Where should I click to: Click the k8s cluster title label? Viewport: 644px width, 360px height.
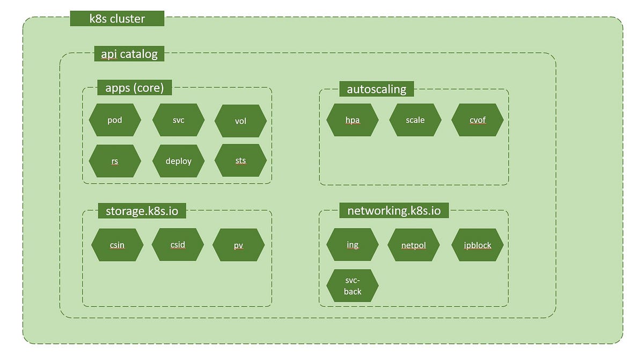tap(116, 19)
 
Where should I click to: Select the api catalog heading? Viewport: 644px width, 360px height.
tap(129, 54)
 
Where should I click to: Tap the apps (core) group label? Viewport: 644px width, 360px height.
tap(135, 87)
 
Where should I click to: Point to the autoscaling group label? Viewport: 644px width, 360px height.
tap(376, 89)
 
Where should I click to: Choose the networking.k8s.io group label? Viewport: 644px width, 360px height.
tap(394, 210)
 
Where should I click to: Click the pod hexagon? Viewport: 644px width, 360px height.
tap(115, 120)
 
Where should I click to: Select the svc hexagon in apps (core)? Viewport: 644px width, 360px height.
tap(178, 120)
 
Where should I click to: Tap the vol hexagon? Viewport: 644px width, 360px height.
tap(240, 121)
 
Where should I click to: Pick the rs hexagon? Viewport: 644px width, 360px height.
tap(115, 161)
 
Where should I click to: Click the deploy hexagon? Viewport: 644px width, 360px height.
tap(178, 161)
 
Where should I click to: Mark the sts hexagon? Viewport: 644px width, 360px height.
tap(240, 160)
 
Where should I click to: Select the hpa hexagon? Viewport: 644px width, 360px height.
tap(352, 120)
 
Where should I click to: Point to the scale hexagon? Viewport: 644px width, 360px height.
tap(415, 120)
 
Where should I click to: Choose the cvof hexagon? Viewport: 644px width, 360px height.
tap(477, 120)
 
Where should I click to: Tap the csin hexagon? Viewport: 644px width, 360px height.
tap(117, 245)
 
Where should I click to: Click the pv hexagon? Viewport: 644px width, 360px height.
tap(238, 246)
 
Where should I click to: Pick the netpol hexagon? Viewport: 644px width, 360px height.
tap(413, 246)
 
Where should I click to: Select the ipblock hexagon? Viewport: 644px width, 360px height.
tap(477, 245)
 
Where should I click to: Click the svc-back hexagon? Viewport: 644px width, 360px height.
tap(353, 286)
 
